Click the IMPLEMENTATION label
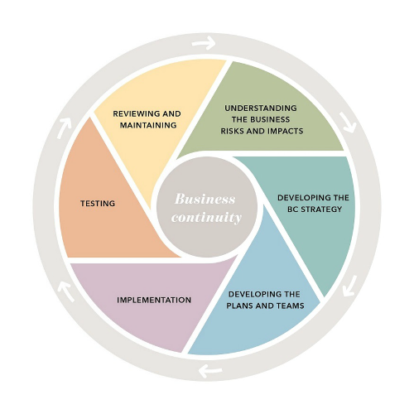(154, 300)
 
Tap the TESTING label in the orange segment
(98, 203)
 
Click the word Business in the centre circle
(205, 200)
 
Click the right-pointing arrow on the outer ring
(202, 42)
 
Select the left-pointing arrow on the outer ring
(210, 369)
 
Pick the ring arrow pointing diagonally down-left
(349, 286)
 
